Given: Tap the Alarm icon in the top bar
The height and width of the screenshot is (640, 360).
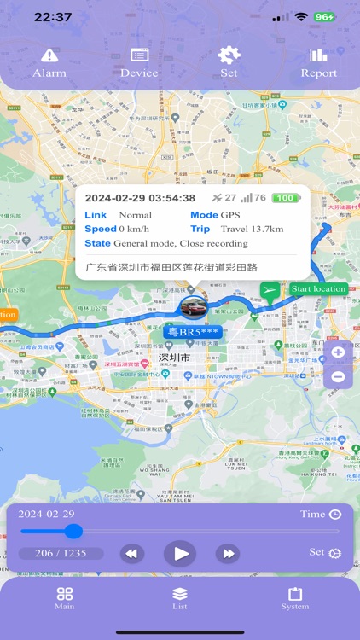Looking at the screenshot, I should [x=49, y=56].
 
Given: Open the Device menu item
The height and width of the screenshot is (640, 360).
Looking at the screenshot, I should [x=139, y=56].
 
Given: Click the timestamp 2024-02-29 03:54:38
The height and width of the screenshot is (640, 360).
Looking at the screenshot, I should [x=140, y=198].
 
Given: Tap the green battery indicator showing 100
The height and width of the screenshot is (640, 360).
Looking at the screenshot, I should [x=285, y=198].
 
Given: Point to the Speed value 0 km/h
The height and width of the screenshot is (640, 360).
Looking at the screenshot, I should [x=135, y=229].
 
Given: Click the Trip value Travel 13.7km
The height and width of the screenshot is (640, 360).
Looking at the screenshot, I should [x=252, y=229].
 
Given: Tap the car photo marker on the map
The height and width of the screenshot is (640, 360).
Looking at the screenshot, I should [x=192, y=307].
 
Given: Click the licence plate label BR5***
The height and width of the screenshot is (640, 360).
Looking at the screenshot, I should [x=195, y=331].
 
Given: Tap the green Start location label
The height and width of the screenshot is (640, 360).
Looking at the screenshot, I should [x=318, y=289].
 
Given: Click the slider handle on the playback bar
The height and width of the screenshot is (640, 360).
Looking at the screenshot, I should [x=73, y=532].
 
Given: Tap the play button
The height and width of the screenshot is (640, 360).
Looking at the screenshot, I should [x=180, y=554].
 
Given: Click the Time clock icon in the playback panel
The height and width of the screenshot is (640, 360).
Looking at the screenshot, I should [x=335, y=514].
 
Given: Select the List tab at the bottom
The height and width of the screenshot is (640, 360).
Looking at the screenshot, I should [x=179, y=598].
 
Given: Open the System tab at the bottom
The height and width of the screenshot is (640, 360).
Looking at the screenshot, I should [x=295, y=598].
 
